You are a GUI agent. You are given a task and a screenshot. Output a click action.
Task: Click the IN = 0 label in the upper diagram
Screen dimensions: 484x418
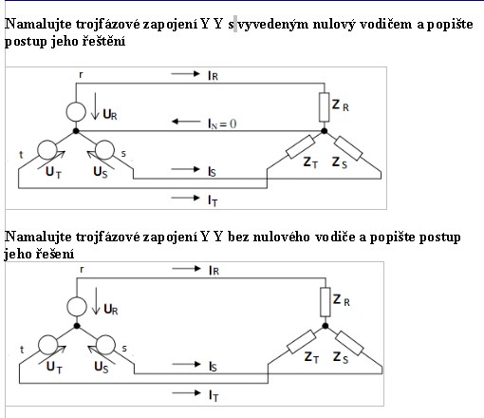pyautogui.click(x=222, y=123)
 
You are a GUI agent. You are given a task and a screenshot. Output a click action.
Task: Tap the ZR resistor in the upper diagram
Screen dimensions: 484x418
pyautogui.click(x=325, y=107)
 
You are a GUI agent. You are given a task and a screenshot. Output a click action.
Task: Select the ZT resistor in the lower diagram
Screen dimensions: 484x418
pyautogui.click(x=302, y=342)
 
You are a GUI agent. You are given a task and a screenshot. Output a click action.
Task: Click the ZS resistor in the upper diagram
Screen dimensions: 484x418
pyautogui.click(x=348, y=148)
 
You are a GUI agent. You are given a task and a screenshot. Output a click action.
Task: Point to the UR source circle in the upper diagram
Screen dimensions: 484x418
pyautogui.click(x=76, y=112)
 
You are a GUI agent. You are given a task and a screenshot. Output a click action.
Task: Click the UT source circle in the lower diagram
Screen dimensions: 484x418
pyautogui.click(x=48, y=345)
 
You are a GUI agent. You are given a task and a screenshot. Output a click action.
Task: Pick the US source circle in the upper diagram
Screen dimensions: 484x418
pyautogui.click(x=104, y=149)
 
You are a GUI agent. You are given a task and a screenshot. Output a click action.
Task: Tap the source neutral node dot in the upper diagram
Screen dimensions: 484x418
pyautogui.click(x=76, y=131)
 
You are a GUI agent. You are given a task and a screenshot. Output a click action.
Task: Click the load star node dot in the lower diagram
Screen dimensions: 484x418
pyautogui.click(x=326, y=326)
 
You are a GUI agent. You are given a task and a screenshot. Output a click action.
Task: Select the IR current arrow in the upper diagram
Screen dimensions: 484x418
pyautogui.click(x=186, y=74)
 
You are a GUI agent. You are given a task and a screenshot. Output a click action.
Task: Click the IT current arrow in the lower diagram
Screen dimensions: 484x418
pyautogui.click(x=187, y=393)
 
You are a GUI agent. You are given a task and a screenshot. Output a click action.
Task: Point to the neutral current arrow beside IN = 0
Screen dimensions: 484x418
pyautogui.click(x=186, y=122)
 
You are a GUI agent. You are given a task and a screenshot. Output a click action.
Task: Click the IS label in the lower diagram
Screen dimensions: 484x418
pyautogui.click(x=213, y=367)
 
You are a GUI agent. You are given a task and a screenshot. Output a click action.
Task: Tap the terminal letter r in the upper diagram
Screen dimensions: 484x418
pyautogui.click(x=81, y=75)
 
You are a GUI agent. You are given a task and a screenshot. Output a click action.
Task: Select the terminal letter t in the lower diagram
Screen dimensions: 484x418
pyautogui.click(x=22, y=350)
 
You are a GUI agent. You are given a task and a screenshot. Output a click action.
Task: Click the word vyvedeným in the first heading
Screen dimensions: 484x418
pyautogui.click(x=272, y=25)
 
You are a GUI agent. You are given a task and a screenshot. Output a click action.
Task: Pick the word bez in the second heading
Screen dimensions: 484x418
pyautogui.click(x=238, y=237)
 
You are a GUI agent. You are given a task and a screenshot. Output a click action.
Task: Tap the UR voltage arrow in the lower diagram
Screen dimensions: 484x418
pyautogui.click(x=96, y=301)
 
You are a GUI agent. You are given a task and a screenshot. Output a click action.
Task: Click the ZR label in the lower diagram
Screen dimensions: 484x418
pyautogui.click(x=342, y=299)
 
